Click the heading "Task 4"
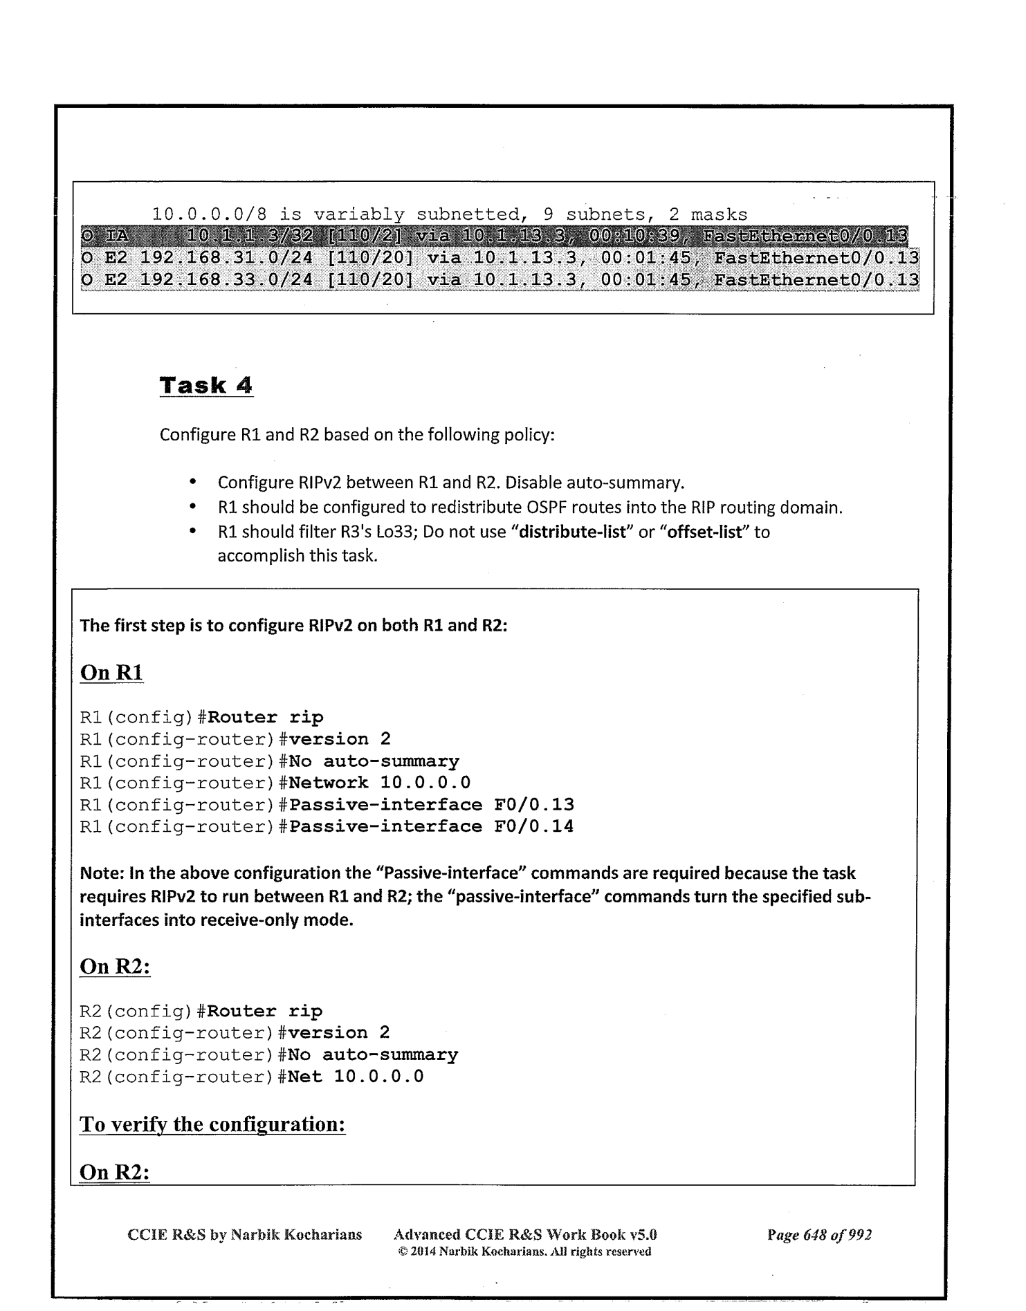pos(206,384)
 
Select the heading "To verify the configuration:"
pos(212,1124)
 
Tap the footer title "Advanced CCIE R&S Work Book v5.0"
pos(524,1234)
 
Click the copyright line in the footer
pos(524,1251)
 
